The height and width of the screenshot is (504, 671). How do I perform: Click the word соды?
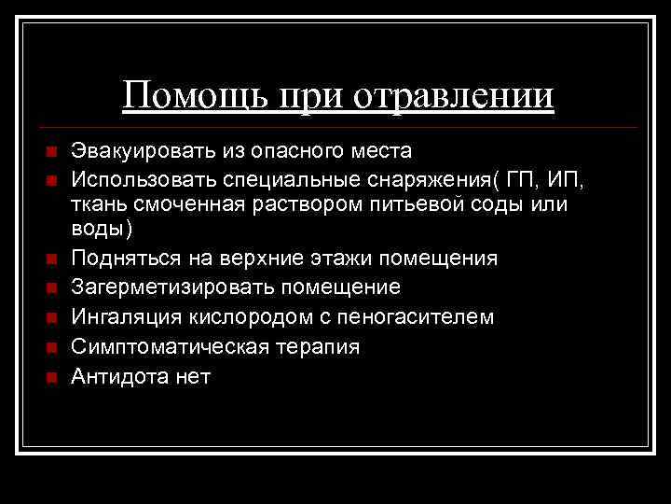[x=504, y=203]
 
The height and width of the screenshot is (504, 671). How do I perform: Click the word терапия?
[x=310, y=347]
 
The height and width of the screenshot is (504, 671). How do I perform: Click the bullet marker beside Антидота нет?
[x=52, y=378]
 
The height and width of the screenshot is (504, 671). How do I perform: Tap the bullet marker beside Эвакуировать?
[x=52, y=152]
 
